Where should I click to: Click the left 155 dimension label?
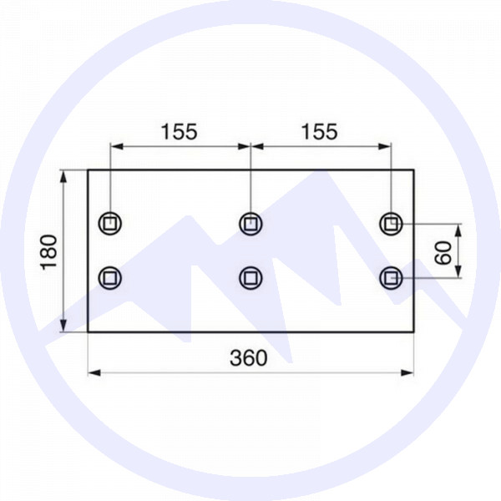coord(179,131)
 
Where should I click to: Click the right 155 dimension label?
coord(320,131)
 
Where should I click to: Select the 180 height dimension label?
coord(48,251)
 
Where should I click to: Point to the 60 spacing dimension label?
coord(442,250)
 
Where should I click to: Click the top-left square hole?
coord(110,223)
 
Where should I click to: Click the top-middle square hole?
coord(250,223)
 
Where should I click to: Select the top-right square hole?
coord(390,223)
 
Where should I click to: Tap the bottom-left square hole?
coord(110,276)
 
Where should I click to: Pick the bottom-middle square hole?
coord(250,276)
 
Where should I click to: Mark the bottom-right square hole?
coord(390,276)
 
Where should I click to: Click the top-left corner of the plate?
coord(88,170)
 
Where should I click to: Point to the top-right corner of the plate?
coord(414,170)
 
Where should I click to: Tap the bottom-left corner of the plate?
coord(88,331)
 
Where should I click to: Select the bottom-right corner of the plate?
coord(414,331)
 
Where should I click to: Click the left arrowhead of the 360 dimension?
coord(93,372)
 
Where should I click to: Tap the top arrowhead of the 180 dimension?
coord(63,175)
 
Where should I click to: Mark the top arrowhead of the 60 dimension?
coord(458,228)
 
